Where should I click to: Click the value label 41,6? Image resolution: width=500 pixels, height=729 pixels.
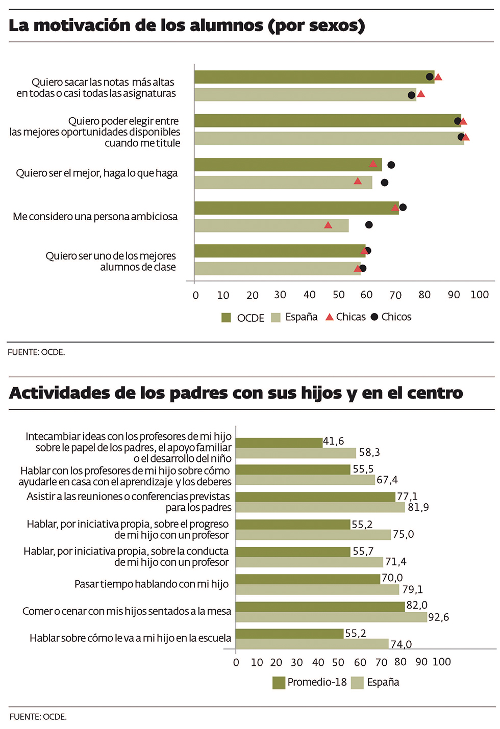tap(334, 441)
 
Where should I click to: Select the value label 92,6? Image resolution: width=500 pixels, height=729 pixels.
tap(439, 617)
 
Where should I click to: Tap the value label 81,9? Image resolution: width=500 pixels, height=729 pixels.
tap(418, 507)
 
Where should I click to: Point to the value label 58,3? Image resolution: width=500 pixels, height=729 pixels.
tap(369, 453)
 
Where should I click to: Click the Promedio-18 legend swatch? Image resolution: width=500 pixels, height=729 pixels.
tap(279, 683)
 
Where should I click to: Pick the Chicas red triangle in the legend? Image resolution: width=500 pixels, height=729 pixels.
tap(330, 317)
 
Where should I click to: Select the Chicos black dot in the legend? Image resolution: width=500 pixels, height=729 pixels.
tap(374, 317)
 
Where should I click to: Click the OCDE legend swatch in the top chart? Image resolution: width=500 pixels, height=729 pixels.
tap(226, 318)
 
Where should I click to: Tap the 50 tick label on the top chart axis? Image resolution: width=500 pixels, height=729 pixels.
tap(339, 295)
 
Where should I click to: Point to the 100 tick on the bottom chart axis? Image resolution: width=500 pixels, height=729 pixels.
tap(442, 662)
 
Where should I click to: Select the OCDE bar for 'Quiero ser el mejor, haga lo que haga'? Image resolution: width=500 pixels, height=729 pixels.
tap(288, 165)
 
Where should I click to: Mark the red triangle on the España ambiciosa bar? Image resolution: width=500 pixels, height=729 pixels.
tap(328, 225)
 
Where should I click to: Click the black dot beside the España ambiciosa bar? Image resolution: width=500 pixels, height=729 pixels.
tap(369, 225)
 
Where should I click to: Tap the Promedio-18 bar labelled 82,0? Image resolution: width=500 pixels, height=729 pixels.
tap(320, 607)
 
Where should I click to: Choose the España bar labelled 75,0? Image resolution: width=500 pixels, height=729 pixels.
tap(313, 535)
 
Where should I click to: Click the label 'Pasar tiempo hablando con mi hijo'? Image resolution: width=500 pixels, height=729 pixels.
tap(152, 584)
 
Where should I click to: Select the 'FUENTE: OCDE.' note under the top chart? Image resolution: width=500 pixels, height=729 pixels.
tap(36, 352)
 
